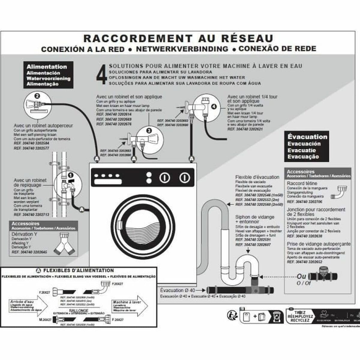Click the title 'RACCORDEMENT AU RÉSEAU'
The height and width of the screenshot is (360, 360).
pos(178,38)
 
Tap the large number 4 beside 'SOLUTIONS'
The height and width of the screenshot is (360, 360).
pos(101,74)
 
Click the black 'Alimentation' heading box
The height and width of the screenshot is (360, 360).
pos(48,75)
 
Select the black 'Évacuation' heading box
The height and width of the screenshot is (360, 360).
pos(307,146)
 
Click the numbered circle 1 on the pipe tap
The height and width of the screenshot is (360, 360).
pos(71,175)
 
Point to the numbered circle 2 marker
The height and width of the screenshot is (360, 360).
pos(37,96)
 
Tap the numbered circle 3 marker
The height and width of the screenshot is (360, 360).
pos(149,130)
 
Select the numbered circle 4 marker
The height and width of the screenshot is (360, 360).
pos(214,106)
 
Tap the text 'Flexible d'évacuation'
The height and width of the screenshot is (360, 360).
pos(257,177)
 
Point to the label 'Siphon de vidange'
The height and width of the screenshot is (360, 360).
pos(254,217)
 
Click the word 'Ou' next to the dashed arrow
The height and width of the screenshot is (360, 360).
pos(301,276)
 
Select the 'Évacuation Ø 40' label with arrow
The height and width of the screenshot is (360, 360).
pos(178,290)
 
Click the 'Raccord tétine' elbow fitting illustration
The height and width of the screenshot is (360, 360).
pos(340,192)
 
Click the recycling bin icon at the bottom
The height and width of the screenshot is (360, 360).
pos(277,316)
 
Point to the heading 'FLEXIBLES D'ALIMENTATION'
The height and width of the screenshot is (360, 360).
pos(79,270)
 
